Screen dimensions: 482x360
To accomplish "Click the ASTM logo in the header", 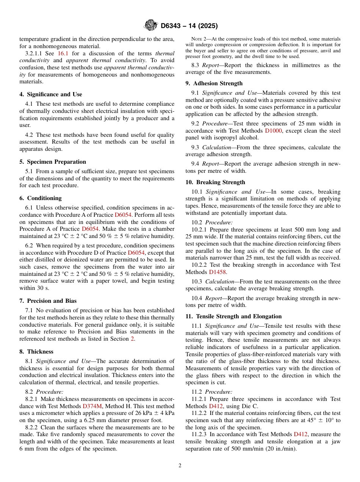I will click(151, 26).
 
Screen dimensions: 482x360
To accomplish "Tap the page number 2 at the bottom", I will click(180, 466).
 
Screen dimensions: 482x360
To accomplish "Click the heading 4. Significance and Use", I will click(50, 94).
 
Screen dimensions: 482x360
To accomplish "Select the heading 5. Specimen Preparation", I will click(53, 162).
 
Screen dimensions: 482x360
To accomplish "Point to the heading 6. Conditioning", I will click(41, 198).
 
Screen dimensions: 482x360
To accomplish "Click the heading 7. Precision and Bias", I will click(48, 301).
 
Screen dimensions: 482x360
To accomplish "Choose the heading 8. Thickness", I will click(36, 352).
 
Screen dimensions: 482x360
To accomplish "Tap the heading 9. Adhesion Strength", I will click(214, 83).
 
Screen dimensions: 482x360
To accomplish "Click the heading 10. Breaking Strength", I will click(215, 182).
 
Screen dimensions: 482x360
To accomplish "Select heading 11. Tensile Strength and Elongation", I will click(233, 316).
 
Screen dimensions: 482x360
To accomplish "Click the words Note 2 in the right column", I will click(200, 39).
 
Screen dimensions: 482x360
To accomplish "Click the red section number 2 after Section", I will click(132, 339).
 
